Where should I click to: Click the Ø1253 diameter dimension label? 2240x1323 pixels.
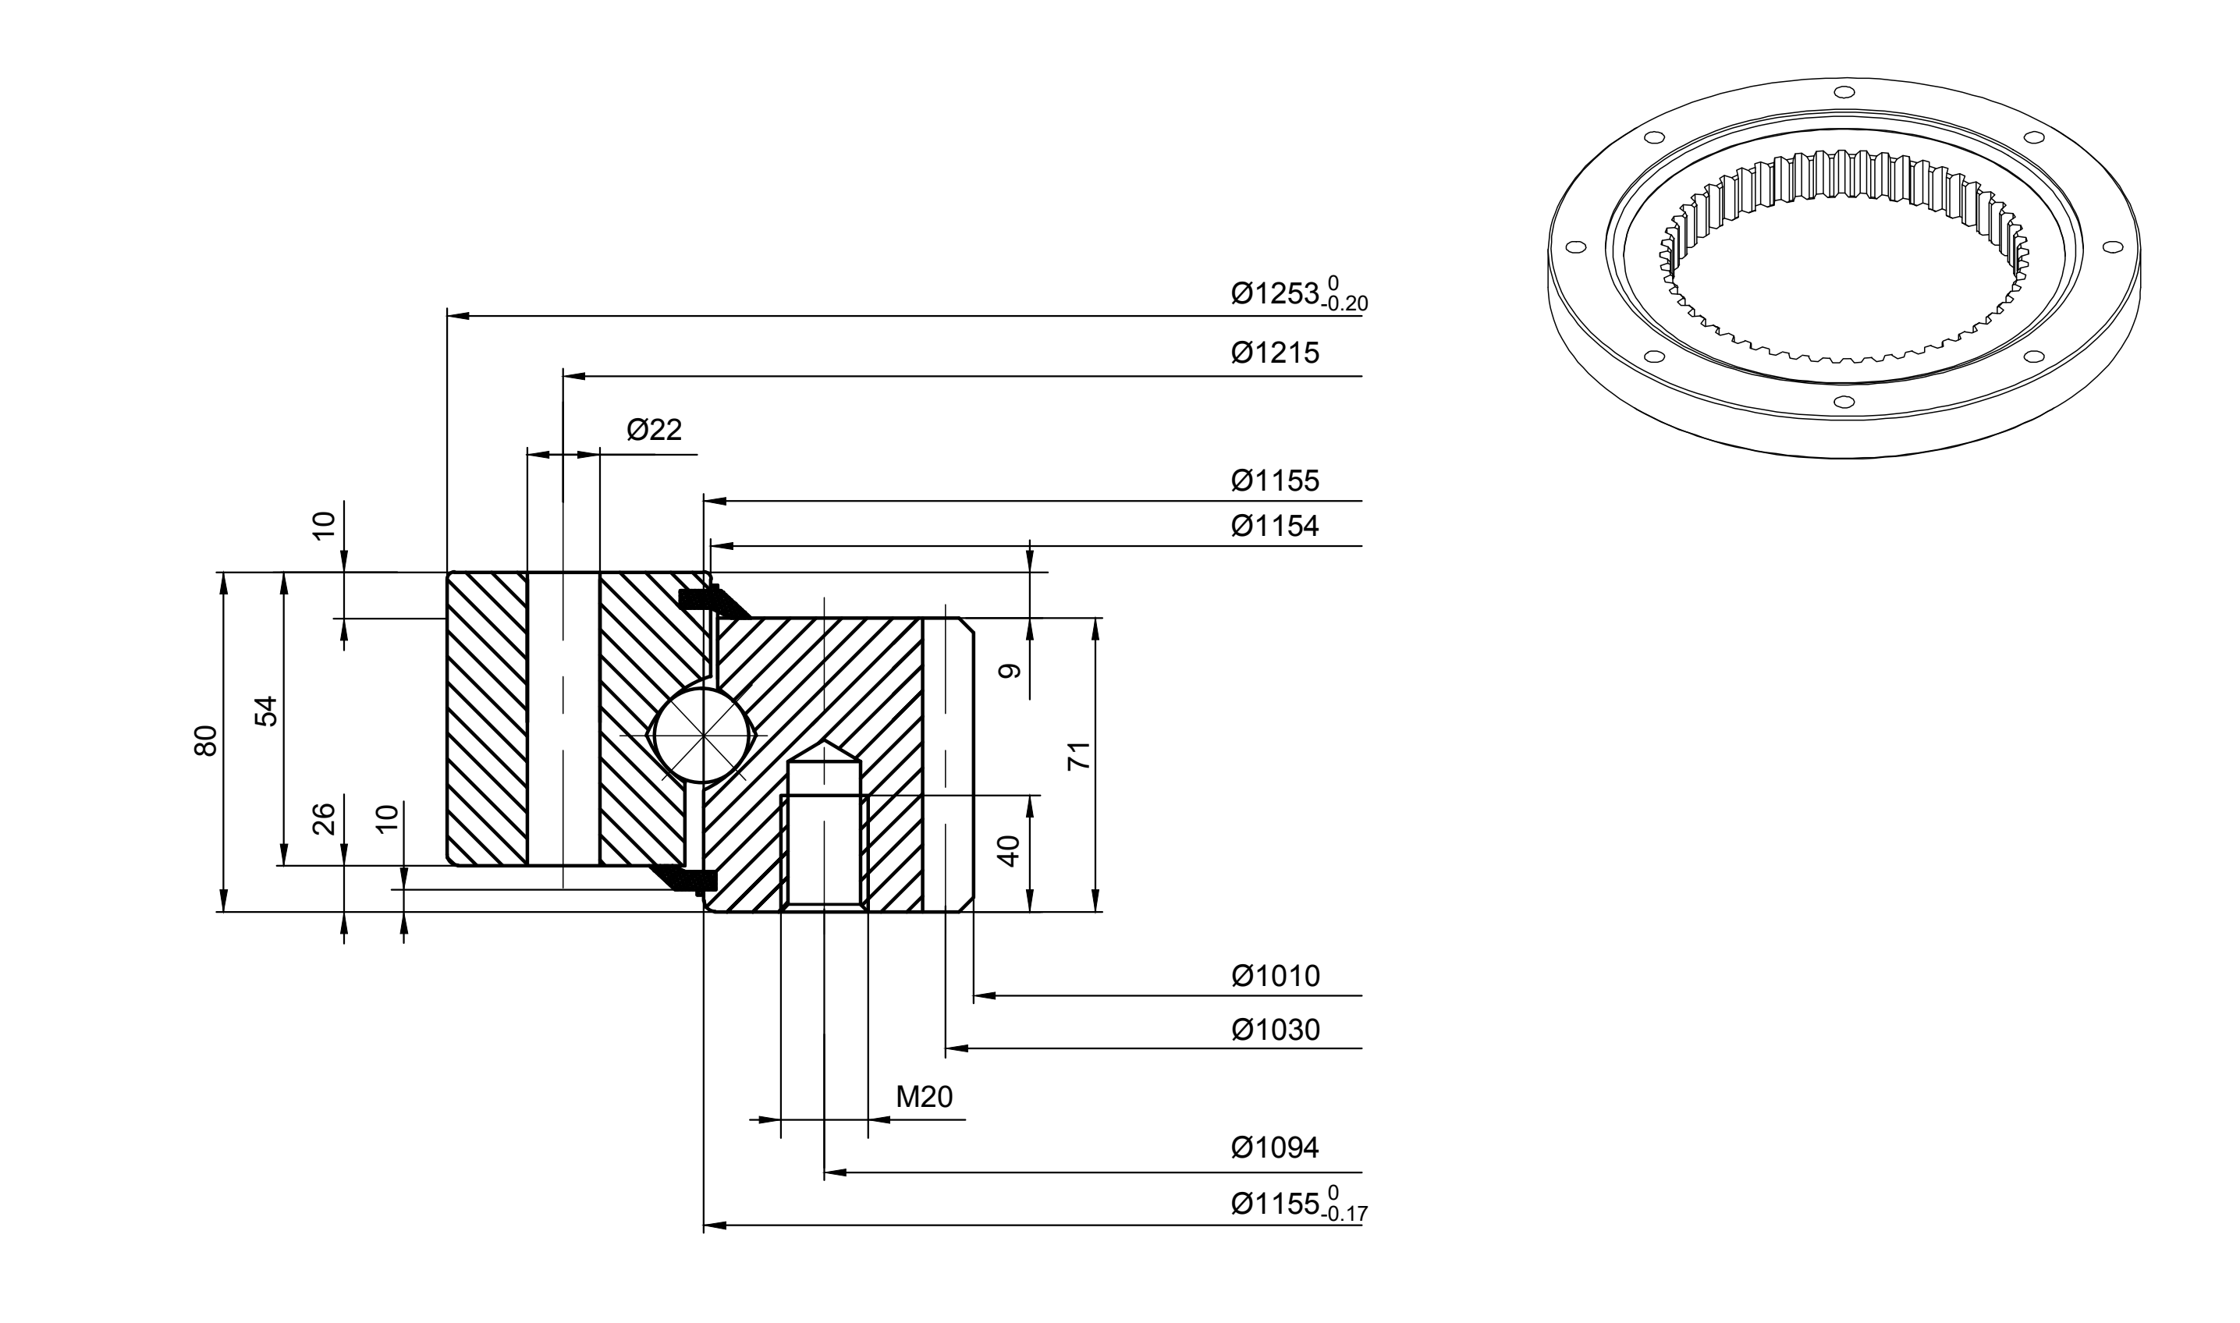tap(1274, 293)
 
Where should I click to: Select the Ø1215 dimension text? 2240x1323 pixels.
tap(1274, 353)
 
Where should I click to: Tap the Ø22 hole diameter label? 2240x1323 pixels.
tap(654, 430)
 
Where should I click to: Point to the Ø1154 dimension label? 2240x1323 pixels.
tap(1274, 526)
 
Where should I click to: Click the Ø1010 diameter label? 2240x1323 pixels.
tap(1274, 976)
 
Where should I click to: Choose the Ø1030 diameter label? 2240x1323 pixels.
tap(1274, 1030)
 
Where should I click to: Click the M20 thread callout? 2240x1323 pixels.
tap(924, 1097)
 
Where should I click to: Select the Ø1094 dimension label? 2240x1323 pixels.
tap(1274, 1147)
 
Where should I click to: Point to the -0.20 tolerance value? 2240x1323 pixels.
tap(1346, 304)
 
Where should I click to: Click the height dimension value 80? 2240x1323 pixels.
tap(205, 741)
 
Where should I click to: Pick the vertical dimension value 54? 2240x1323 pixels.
tap(267, 711)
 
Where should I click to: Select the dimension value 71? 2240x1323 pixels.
tap(1079, 755)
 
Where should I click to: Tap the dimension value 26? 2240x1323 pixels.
tap(325, 819)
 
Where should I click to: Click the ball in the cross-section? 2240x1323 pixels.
tap(703, 736)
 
